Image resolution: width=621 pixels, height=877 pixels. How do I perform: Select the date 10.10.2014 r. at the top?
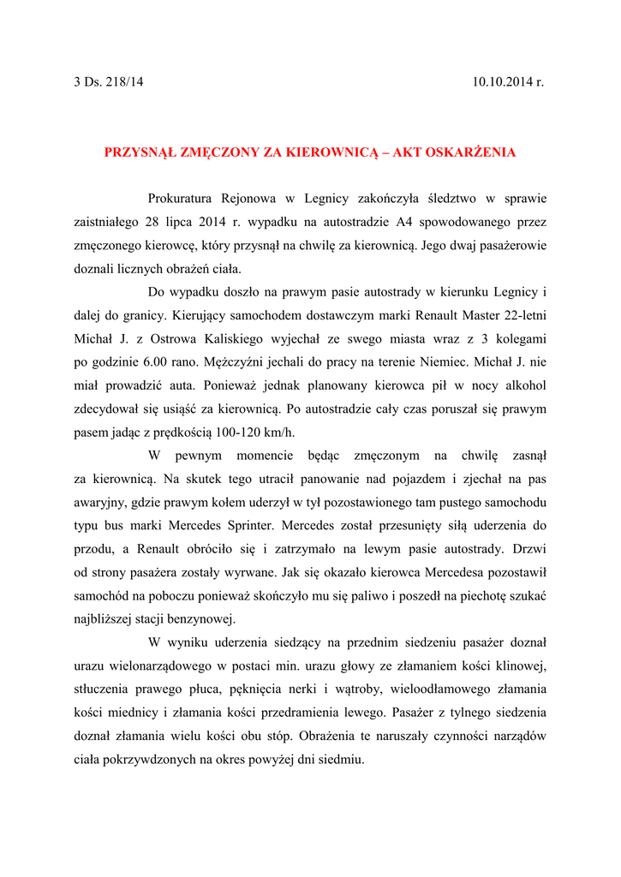(x=508, y=82)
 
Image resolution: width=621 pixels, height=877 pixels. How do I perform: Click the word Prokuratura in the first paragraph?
(x=182, y=199)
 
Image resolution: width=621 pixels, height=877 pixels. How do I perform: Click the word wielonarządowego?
(x=164, y=665)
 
